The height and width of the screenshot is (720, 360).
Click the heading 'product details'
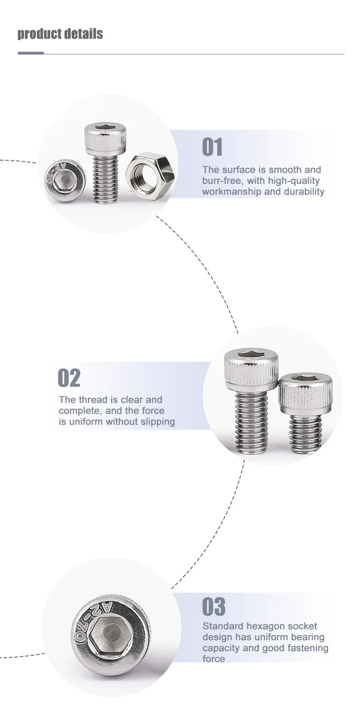60,34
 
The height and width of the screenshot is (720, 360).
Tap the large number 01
212,147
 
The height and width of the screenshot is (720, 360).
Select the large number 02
69,378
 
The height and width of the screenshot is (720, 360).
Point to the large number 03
214,607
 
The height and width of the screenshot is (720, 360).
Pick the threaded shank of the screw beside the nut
105,178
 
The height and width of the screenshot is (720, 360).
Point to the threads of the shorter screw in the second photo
305,434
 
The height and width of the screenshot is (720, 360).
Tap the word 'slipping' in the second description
158,422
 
